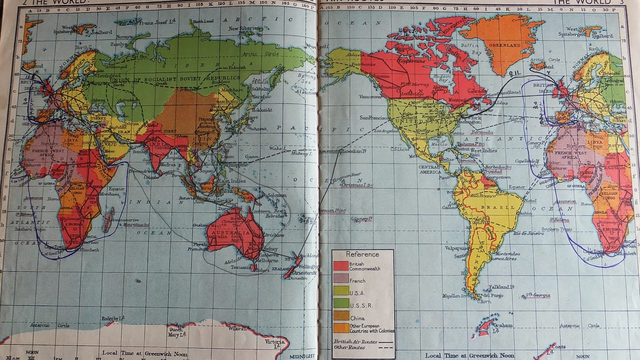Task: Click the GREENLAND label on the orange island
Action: click(504, 46)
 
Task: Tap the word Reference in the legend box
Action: click(362, 254)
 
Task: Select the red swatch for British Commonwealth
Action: click(341, 266)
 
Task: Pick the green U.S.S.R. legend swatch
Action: click(341, 303)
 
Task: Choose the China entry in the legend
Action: click(357, 318)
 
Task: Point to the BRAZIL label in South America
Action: click(498, 207)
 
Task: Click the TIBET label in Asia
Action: click(170, 131)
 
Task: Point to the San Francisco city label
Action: click(374, 118)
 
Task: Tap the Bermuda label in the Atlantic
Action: click(482, 132)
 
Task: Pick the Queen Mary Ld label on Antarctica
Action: click(176, 332)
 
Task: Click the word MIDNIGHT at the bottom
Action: click(302, 356)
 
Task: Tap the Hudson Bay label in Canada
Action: click(442, 78)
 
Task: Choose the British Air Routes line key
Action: click(363, 342)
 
